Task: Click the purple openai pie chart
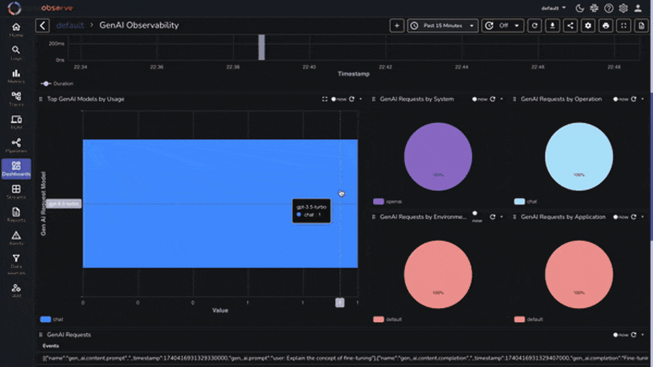[438, 156]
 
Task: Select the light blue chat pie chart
[579, 156]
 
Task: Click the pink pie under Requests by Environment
[438, 274]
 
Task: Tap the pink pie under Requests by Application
[579, 274]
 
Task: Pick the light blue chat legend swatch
[519, 201]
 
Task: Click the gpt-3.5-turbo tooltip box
[311, 211]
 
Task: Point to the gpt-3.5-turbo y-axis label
[64, 204]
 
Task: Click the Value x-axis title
[220, 310]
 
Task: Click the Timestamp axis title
[353, 74]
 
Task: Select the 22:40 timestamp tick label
[309, 67]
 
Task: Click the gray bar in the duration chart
[262, 47]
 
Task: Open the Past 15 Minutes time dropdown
[443, 26]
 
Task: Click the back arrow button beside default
[42, 25]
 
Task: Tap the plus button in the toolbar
[397, 26]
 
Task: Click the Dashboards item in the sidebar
[16, 169]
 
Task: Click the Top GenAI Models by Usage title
[85, 99]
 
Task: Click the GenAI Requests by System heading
[417, 99]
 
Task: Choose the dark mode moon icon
[580, 8]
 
